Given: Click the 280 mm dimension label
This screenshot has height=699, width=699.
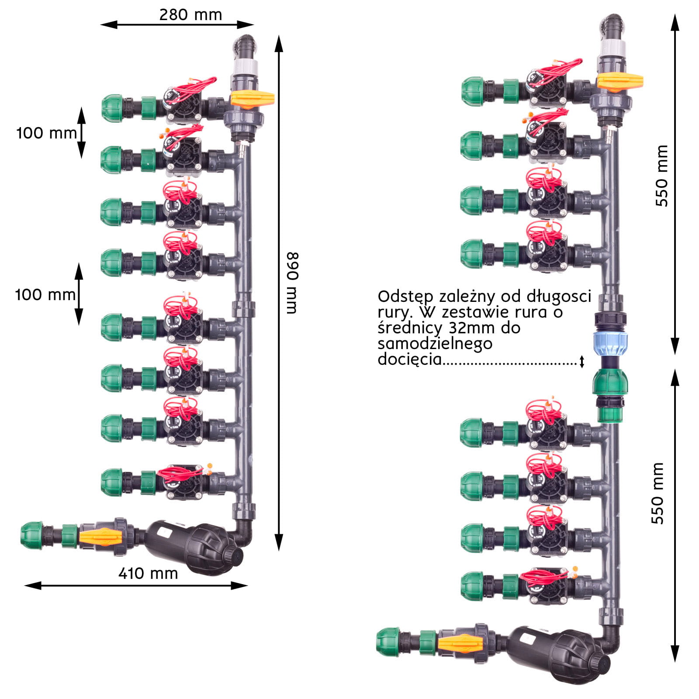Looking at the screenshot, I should coord(190,15).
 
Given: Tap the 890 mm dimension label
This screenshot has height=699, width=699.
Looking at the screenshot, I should coord(292,283).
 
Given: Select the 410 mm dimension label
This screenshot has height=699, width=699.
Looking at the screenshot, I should coord(148,573).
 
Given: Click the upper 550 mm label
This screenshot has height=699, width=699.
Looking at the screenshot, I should coord(662,176).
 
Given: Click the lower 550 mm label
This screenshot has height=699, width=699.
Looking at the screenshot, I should coord(657,493).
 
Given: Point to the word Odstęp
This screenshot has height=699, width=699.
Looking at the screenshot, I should coord(406,297).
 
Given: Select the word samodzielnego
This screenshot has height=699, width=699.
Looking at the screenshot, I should coord(435,343).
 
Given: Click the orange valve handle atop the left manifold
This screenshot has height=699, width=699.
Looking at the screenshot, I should coord(252,99).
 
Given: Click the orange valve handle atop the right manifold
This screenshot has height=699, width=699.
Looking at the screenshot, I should coord(620,81).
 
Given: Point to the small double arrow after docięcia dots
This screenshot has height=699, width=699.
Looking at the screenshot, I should coord(582,361).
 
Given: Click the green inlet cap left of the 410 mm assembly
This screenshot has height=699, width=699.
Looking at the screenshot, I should coord(32,535).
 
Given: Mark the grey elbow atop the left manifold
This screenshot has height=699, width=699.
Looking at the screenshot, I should coord(245,46).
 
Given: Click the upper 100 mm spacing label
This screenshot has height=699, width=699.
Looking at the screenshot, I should coord(46,133).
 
